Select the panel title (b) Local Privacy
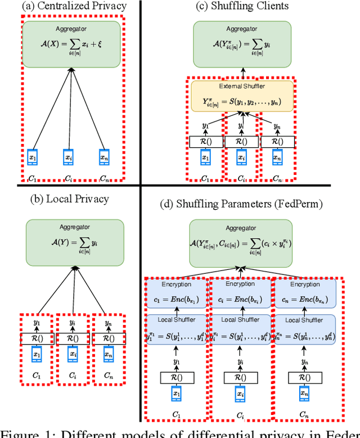point(69,198)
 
